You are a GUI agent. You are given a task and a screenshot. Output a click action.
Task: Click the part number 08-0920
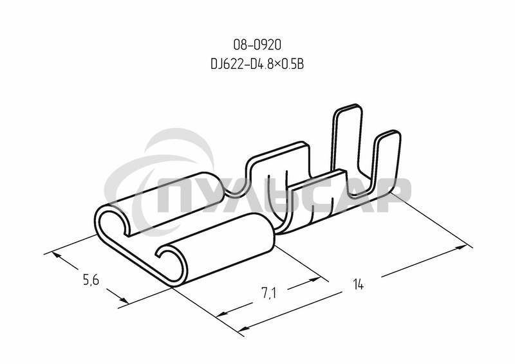pos(257,45)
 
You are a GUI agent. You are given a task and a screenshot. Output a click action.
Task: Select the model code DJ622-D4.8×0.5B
pos(257,64)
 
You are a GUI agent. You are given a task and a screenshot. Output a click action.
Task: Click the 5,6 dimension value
pos(91,280)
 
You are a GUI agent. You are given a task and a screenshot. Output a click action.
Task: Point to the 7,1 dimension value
pos(268,293)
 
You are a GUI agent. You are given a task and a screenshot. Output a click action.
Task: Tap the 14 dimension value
pos(358,284)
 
